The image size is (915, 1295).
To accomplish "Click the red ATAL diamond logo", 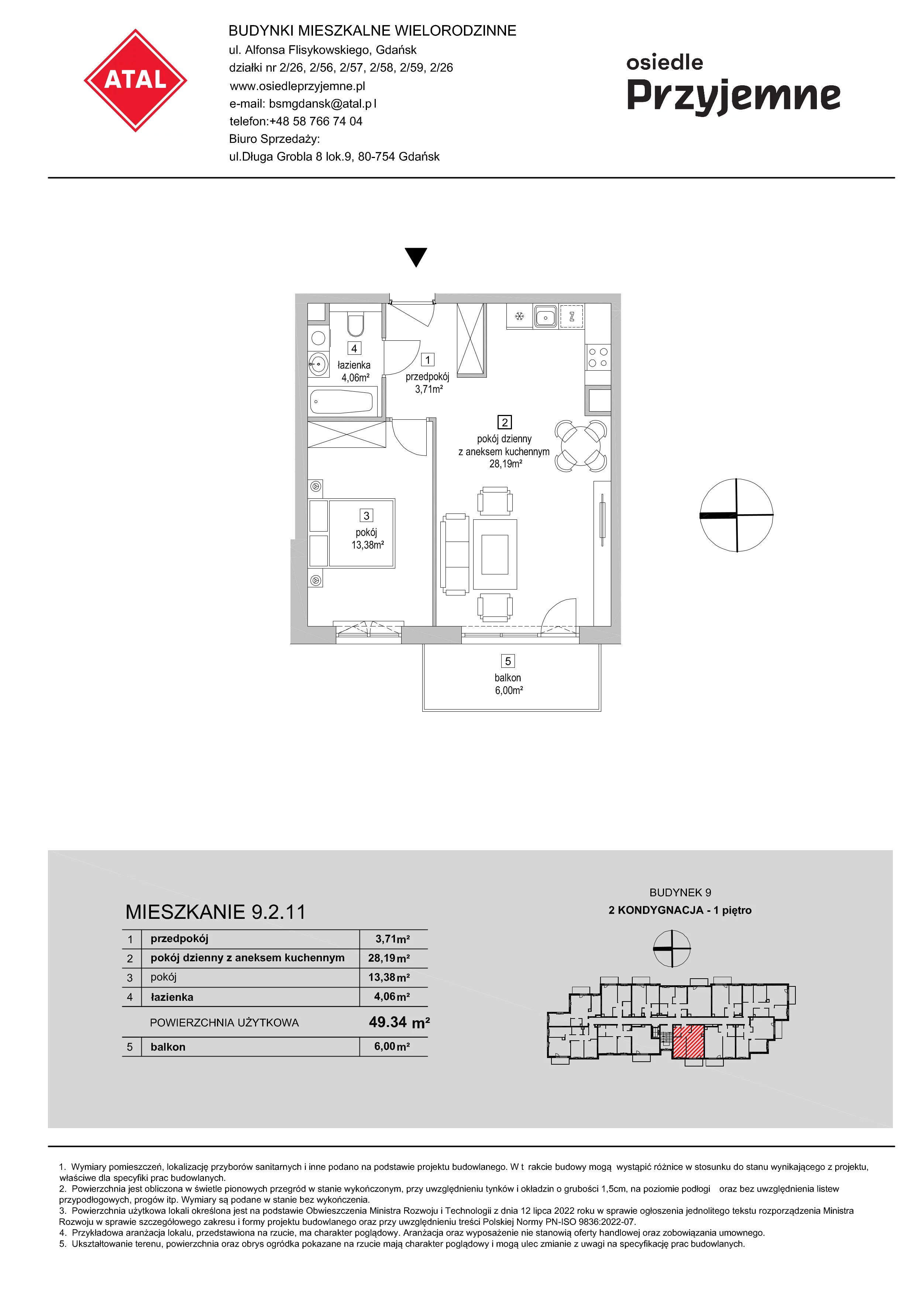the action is (135, 80).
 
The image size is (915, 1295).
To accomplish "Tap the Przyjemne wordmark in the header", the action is (733, 96).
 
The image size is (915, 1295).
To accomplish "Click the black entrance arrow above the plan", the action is (416, 257).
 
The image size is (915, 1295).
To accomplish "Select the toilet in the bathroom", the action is (356, 325).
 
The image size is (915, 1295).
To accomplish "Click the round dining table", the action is (581, 446).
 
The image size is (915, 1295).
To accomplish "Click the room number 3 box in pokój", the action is (367, 515).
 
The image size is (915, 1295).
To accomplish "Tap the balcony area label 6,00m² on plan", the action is (509, 690).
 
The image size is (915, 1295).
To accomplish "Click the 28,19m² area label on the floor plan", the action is (506, 464).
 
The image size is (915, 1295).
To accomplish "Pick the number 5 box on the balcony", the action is (508, 661).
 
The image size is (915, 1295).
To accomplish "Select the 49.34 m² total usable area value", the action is (399, 1022).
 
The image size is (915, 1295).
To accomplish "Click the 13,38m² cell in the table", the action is (389, 978).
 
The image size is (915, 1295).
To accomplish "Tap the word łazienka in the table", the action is (172, 997).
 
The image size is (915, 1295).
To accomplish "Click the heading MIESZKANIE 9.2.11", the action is (215, 912).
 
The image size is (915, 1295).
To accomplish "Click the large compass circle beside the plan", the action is (736, 515).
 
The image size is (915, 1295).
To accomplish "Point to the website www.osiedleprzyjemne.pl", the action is (297, 86).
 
